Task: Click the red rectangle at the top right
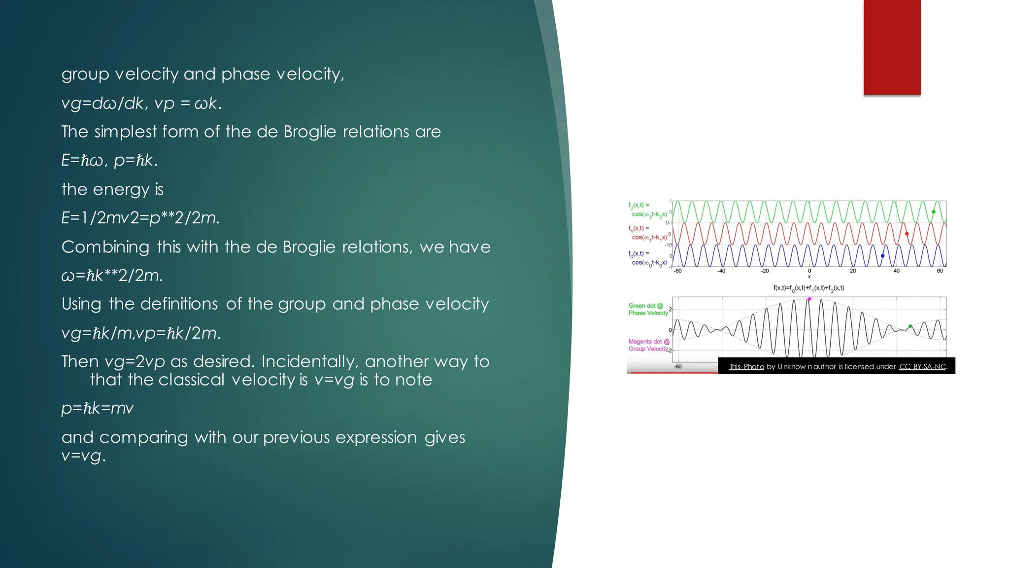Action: [x=892, y=47]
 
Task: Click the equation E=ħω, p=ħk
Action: [x=109, y=160]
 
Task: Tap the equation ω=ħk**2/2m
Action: [x=112, y=275]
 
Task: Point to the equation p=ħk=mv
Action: [x=98, y=408]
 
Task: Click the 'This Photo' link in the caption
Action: [x=746, y=366]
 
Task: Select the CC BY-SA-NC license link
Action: [x=922, y=366]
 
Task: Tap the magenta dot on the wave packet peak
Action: [x=809, y=299]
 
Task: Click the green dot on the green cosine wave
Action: [x=933, y=212]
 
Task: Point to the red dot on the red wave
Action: [x=907, y=234]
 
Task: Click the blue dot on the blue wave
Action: [x=882, y=255]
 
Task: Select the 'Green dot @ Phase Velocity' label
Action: [x=648, y=309]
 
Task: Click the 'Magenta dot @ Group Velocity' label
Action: [x=648, y=345]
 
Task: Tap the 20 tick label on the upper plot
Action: [x=853, y=271]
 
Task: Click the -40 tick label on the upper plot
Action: [x=721, y=271]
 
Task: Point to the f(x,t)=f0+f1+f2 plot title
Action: [x=808, y=288]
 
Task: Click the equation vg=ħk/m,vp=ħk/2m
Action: [x=141, y=333]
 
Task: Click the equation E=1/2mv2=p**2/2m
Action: [x=140, y=217]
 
